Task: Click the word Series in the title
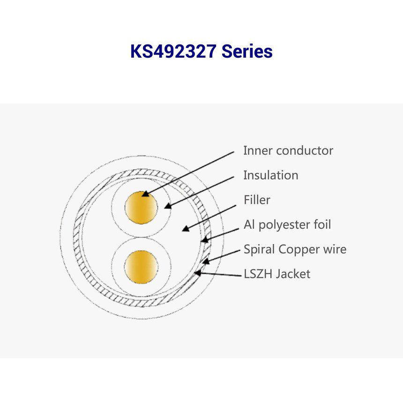click(x=247, y=51)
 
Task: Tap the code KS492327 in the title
click(x=173, y=51)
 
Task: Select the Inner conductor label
click(x=288, y=150)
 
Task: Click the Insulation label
click(x=271, y=175)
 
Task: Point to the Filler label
click(x=257, y=200)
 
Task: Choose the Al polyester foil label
click(x=287, y=224)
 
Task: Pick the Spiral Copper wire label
click(x=295, y=249)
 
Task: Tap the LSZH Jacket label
click(x=277, y=274)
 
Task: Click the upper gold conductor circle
click(x=141, y=208)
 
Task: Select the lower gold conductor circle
click(x=141, y=267)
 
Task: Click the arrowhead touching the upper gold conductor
click(x=145, y=194)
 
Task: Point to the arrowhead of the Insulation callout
click(x=168, y=206)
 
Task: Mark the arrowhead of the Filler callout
click(x=186, y=228)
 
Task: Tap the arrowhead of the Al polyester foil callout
click(x=204, y=240)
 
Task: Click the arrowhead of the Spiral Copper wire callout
click(x=206, y=261)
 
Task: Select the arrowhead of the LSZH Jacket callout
click(x=198, y=273)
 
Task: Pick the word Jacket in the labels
click(x=293, y=274)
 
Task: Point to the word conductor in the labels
click(x=305, y=150)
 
